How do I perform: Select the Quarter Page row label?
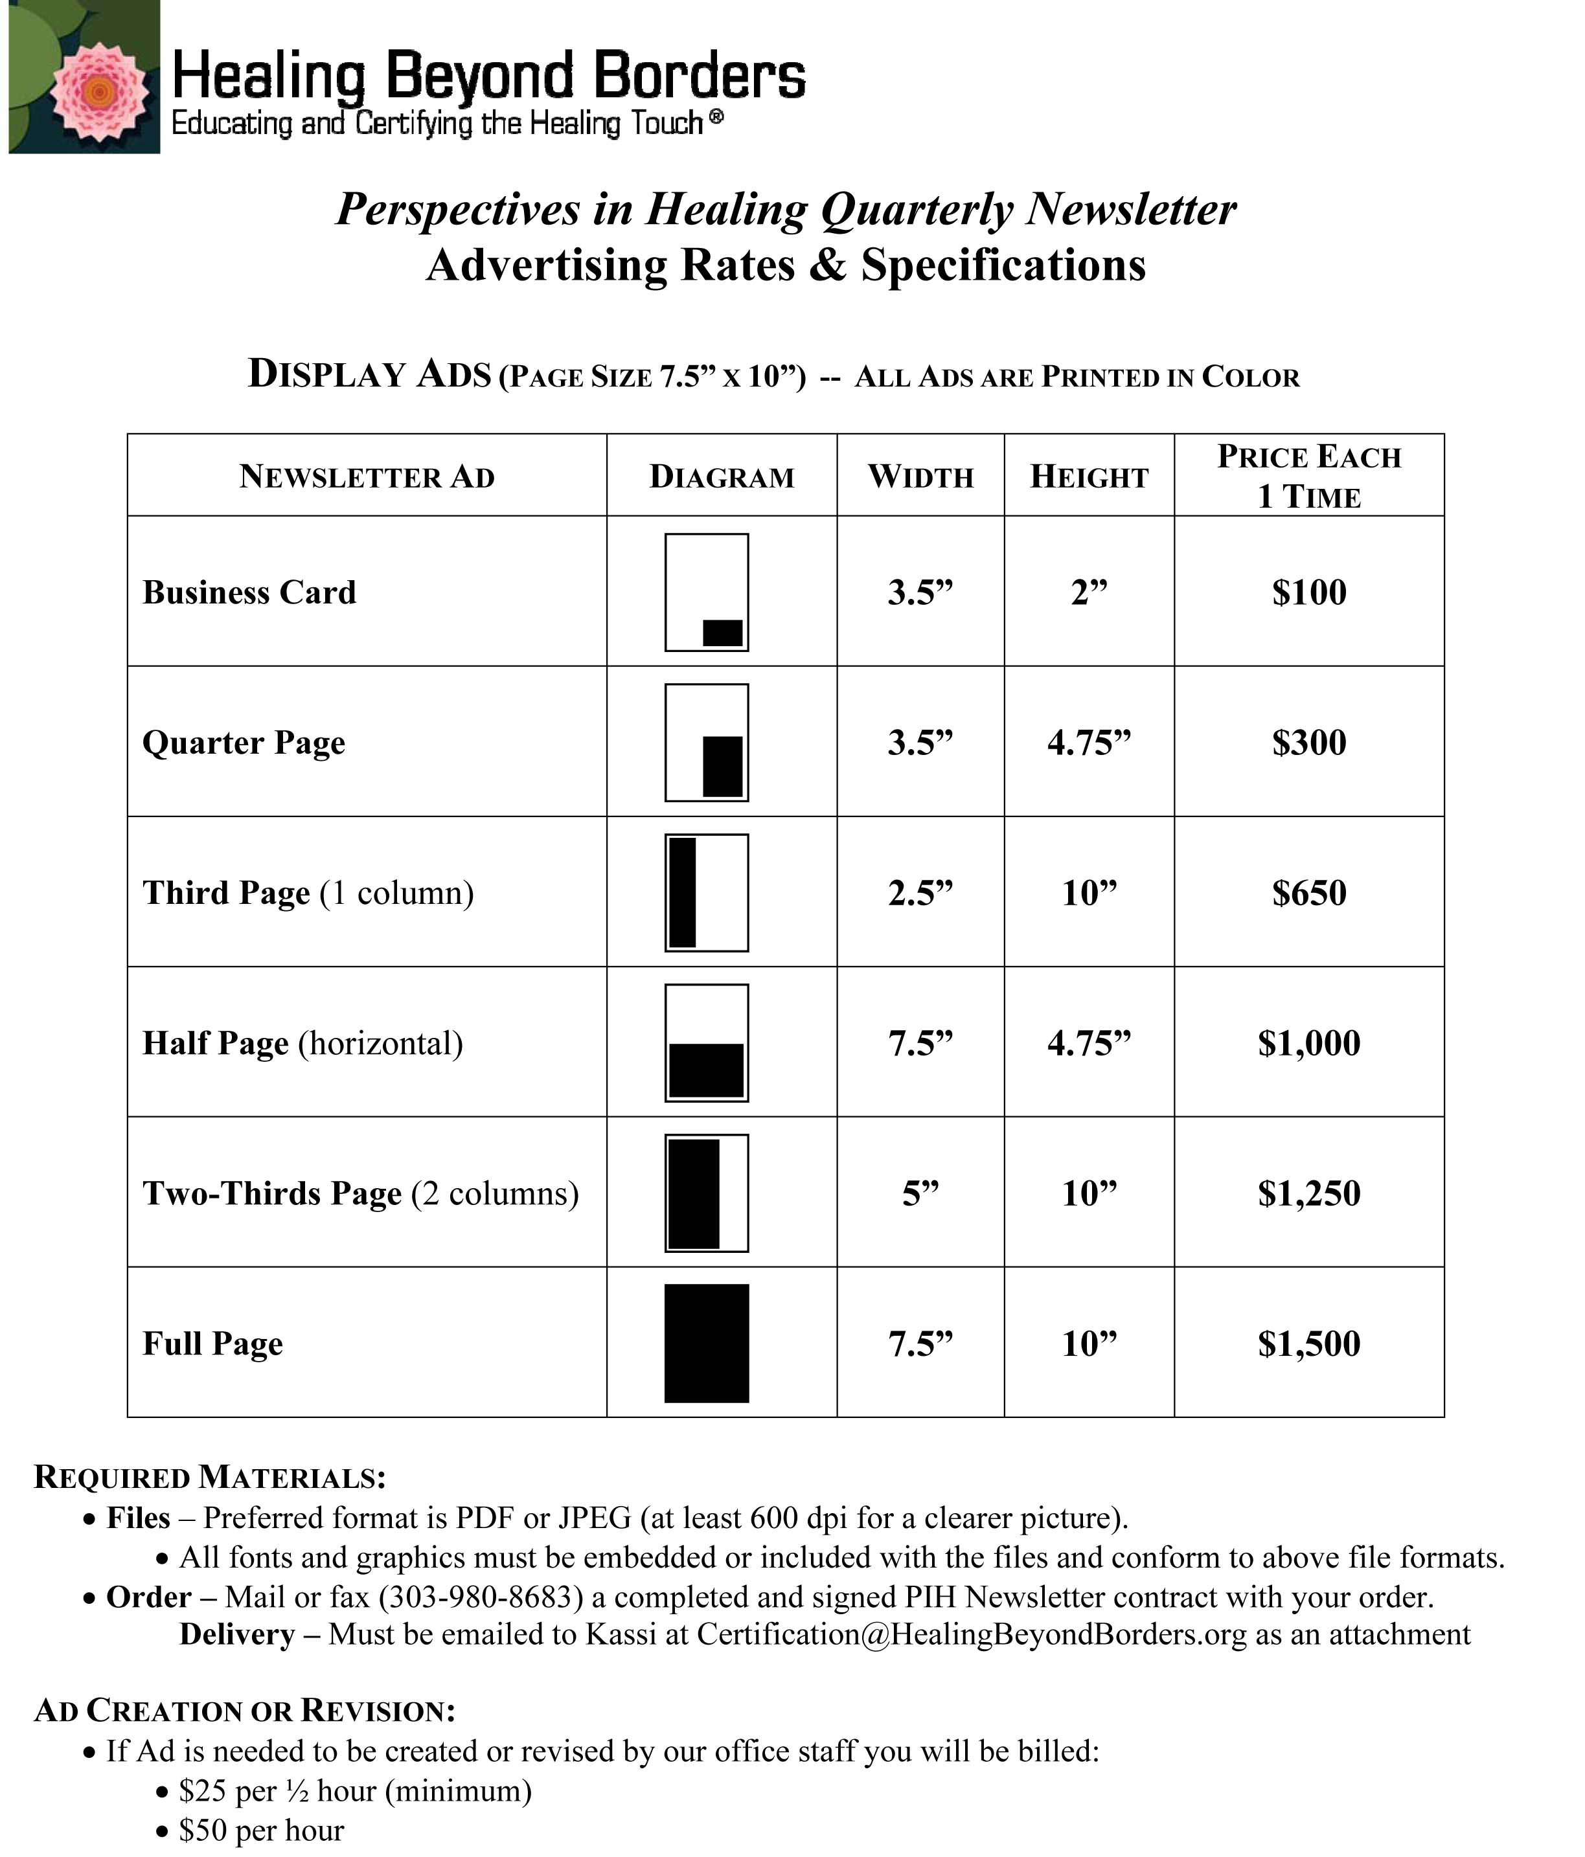(x=243, y=742)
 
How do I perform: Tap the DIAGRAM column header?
(x=721, y=477)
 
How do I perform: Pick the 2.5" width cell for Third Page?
(x=920, y=893)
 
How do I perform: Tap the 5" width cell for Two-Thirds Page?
(x=920, y=1193)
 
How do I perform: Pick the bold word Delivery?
(x=236, y=1634)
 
